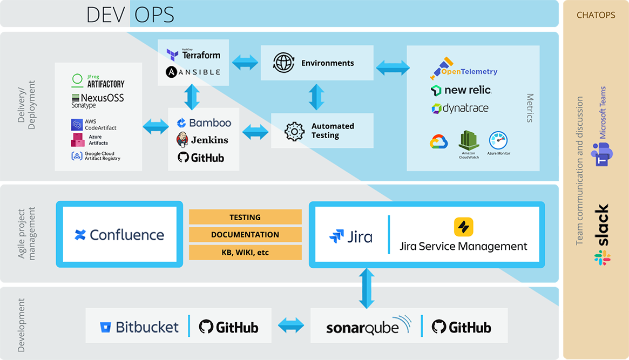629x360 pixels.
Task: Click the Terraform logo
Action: pos(193,55)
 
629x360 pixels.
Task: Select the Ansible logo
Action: pos(193,72)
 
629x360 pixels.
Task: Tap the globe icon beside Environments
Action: pos(283,63)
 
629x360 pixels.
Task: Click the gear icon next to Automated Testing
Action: pos(294,131)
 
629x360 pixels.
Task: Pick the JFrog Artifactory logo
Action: pos(98,81)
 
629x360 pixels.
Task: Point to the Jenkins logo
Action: pos(202,140)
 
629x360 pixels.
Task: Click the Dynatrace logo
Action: pos(459,108)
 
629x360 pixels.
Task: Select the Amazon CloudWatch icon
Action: pos(469,141)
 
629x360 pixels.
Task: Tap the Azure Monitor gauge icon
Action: pos(499,141)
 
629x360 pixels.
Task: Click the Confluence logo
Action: pos(119,235)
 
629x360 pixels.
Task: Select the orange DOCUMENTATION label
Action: pos(245,235)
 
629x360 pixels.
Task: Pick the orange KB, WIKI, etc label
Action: pos(245,252)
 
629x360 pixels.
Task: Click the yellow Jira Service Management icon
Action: pos(463,227)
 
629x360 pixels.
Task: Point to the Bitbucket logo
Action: pos(139,327)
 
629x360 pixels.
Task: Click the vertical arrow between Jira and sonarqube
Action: pos(367,288)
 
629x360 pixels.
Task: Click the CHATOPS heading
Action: pos(596,15)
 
